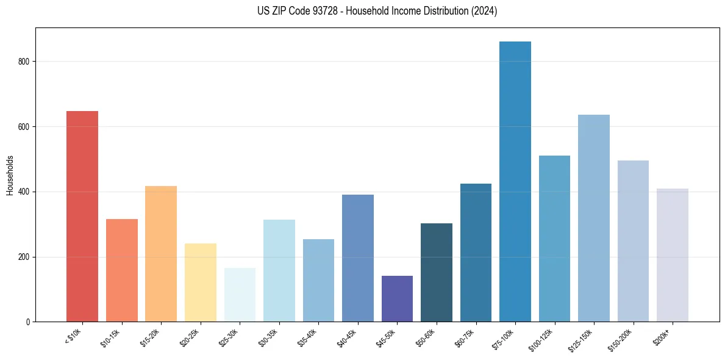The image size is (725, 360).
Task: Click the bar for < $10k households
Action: pyautogui.click(x=82, y=217)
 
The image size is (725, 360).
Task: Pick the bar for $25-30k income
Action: pyautogui.click(x=240, y=295)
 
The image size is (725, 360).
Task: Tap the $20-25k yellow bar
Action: pyautogui.click(x=201, y=283)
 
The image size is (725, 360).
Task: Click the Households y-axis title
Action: pyautogui.click(x=10, y=175)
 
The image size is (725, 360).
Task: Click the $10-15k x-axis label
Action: pyautogui.click(x=111, y=337)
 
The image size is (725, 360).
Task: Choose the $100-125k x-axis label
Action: pyautogui.click(x=542, y=339)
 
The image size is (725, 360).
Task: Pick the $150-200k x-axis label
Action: pyautogui.click(x=621, y=339)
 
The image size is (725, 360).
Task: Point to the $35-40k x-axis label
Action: pyautogui.click(x=308, y=337)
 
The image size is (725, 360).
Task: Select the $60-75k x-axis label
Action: pyautogui.click(x=465, y=337)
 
